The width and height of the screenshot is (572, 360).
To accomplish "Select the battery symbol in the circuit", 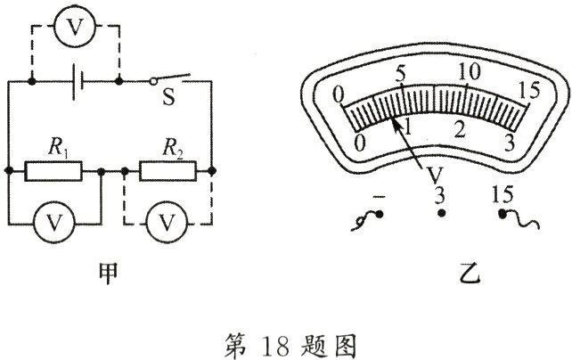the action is pos(78,82).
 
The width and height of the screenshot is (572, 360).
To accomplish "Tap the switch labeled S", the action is pos(170,78).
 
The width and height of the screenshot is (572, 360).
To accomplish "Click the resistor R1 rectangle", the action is pos(53,171).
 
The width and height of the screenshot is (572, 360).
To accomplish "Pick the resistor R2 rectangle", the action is pos(168,171).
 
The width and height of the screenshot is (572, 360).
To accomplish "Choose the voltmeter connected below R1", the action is pos(54,223).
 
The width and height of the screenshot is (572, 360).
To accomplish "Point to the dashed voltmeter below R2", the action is pos(168,223).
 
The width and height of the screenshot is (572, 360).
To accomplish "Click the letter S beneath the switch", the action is pos(168,97).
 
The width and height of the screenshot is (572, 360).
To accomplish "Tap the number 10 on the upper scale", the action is pos(470,72).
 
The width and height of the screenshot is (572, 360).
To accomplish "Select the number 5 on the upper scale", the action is pos(400,75).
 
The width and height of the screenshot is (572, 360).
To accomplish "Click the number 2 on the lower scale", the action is pos(460,130).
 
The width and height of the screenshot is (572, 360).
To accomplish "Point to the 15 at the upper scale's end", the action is pos(529,90).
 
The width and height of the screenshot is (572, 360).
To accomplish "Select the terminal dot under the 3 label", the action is pos(441,213).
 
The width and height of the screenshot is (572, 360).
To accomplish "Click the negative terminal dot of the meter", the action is pos(380,214).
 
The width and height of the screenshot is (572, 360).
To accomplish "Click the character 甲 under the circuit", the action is pos(109,274).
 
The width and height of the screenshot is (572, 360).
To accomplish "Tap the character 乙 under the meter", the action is pos(470,275).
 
